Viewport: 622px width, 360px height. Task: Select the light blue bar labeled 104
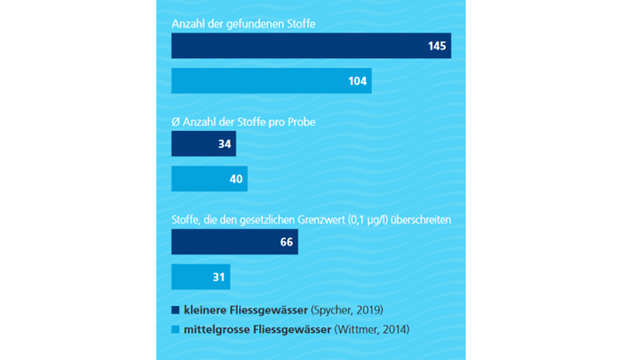click(x=271, y=80)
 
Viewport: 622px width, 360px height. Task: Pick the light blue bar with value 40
click(x=209, y=178)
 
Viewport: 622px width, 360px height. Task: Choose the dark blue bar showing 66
click(x=234, y=242)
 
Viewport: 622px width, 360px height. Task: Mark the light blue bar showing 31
click(x=201, y=277)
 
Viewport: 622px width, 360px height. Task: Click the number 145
click(x=437, y=46)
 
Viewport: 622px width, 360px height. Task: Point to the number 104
click(x=357, y=81)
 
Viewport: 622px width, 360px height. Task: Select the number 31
click(x=219, y=277)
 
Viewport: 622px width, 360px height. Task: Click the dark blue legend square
click(x=175, y=310)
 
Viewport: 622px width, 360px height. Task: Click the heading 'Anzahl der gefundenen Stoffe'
click(x=243, y=24)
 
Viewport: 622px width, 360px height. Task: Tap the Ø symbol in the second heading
click(x=175, y=122)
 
